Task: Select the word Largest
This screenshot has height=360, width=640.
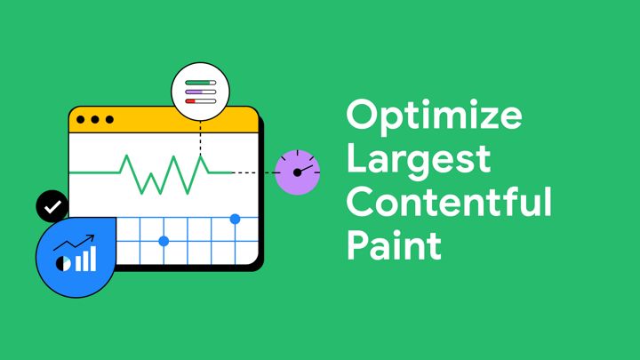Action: coord(418,161)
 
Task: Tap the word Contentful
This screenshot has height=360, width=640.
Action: coord(449,202)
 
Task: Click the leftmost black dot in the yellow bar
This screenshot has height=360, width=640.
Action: coord(81,119)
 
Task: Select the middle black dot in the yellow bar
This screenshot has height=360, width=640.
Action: coord(95,119)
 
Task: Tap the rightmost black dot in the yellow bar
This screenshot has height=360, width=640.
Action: coord(109,119)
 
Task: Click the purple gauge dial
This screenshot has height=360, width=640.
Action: coord(297,172)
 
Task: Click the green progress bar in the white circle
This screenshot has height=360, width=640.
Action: coord(200,83)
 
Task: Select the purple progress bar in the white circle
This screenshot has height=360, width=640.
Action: coord(200,92)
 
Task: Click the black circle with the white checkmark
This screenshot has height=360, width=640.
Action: coord(52,206)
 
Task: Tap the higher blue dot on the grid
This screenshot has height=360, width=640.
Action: coord(235,219)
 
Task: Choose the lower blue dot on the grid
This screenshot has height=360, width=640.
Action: coord(164,241)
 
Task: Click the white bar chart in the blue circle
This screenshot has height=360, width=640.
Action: coord(85,259)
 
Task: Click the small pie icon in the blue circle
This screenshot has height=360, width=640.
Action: coord(62,263)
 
